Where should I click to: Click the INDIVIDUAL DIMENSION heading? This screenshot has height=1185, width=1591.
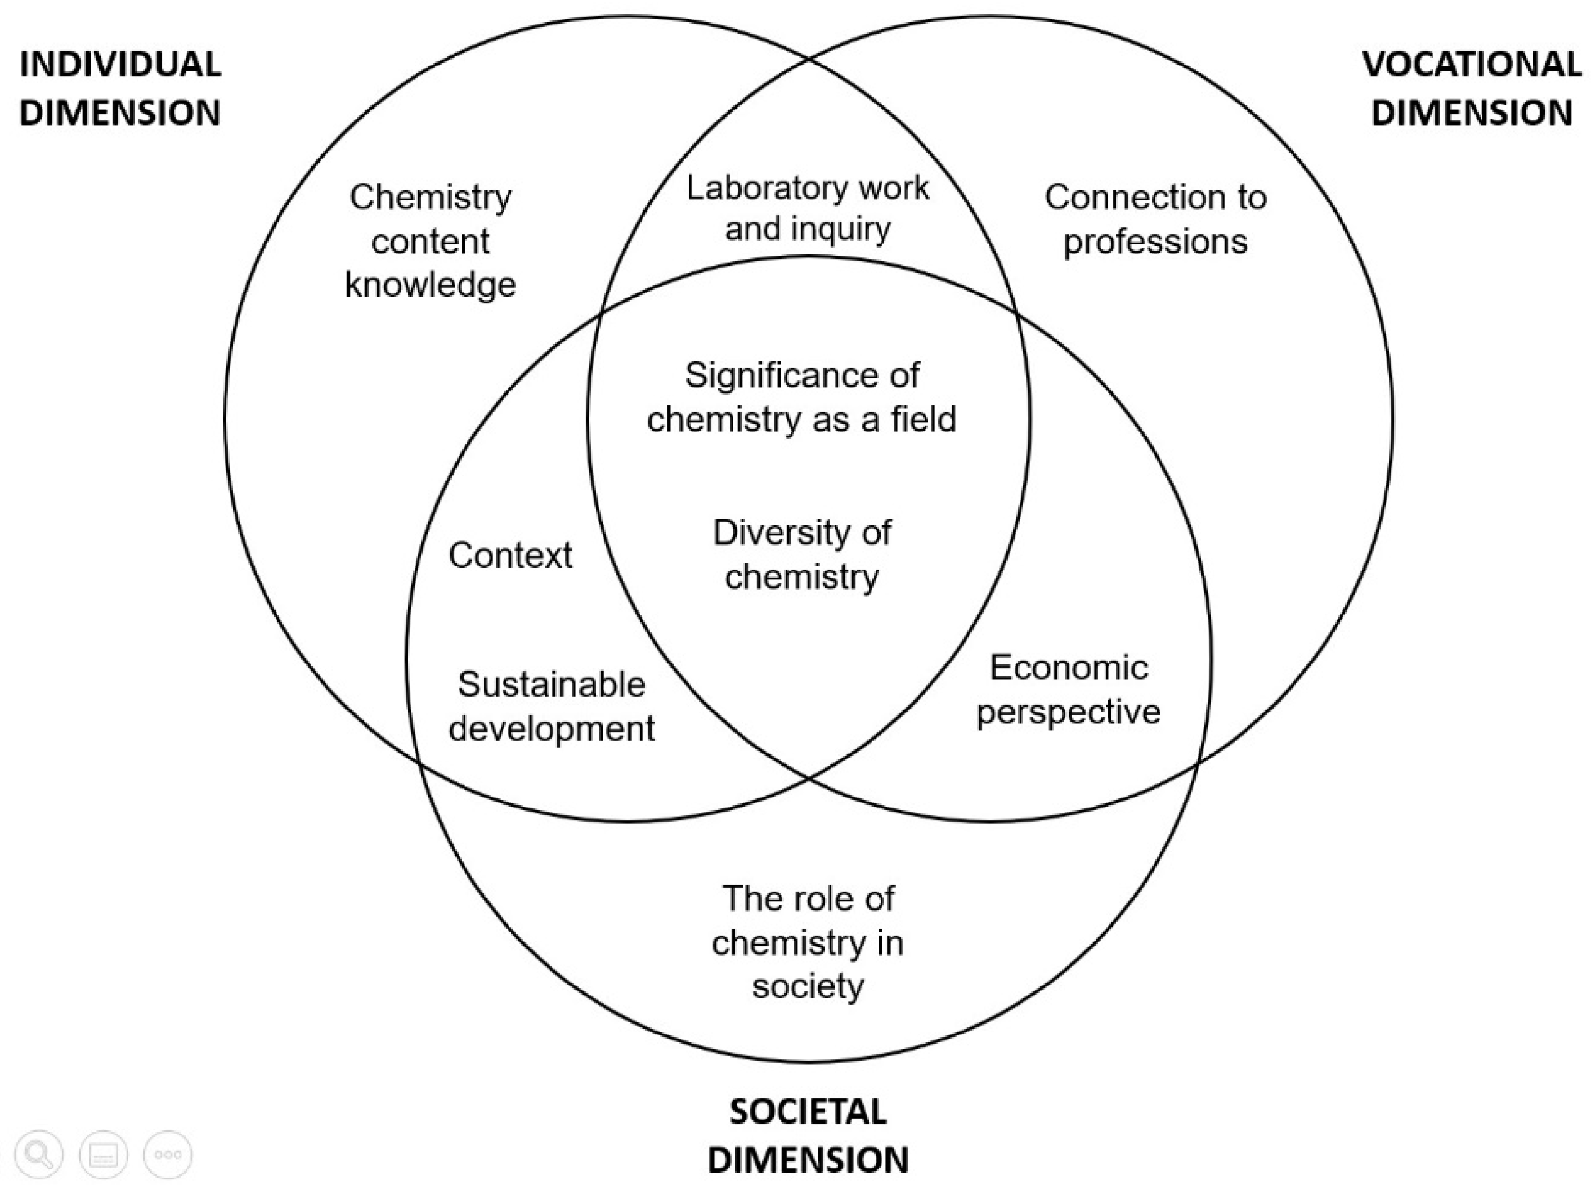click(120, 88)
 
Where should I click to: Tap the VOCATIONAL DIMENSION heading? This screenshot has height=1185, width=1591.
click(1471, 88)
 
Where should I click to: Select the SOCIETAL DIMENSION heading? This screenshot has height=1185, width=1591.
click(808, 1135)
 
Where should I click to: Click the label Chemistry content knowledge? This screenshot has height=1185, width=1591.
click(431, 241)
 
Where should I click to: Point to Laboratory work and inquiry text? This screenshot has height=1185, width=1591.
click(808, 208)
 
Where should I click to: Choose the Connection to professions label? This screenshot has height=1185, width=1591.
click(1155, 219)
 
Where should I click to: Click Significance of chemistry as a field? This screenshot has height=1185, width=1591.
click(801, 396)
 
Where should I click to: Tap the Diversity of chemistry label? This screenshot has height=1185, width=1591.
click(801, 555)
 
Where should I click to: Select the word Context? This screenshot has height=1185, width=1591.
click(510, 555)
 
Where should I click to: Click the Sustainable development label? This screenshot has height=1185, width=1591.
click(551, 707)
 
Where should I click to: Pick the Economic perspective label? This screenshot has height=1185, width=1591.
click(1068, 690)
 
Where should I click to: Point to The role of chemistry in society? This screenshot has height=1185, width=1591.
click(808, 942)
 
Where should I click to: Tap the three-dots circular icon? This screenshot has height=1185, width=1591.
click(168, 1154)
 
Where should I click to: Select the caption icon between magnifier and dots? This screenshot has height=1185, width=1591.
click(103, 1154)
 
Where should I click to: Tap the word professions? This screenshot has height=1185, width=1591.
click(1155, 242)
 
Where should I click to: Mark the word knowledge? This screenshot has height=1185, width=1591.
click(431, 285)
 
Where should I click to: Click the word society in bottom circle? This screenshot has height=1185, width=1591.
click(808, 986)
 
